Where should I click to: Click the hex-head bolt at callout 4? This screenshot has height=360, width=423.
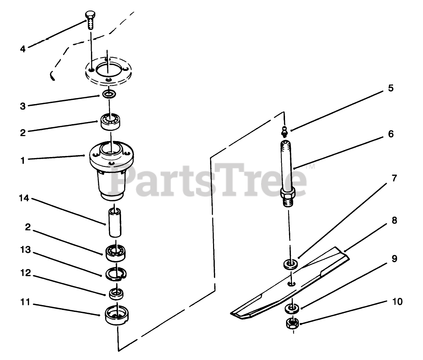click(90, 20)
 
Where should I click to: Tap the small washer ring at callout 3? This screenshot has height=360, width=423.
click(109, 94)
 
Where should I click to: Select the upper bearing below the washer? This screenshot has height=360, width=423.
click(110, 122)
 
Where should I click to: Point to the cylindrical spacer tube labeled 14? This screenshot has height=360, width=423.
click(115, 222)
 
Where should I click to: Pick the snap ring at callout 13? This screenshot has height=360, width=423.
click(116, 274)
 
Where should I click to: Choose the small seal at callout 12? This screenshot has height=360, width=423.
click(116, 294)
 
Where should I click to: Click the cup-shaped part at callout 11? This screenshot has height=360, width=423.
click(117, 315)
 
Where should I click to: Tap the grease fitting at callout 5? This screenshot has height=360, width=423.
click(284, 131)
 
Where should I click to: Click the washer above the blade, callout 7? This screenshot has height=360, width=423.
click(291, 264)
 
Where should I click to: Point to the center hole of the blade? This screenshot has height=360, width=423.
click(291, 284)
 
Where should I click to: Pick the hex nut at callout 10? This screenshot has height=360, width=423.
click(292, 324)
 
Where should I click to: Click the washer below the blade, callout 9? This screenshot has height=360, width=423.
click(292, 308)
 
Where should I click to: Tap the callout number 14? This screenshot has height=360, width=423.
click(24, 198)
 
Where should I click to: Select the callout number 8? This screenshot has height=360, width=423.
click(394, 220)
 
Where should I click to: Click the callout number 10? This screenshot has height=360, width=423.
click(397, 302)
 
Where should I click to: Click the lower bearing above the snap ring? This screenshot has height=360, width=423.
click(116, 253)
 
